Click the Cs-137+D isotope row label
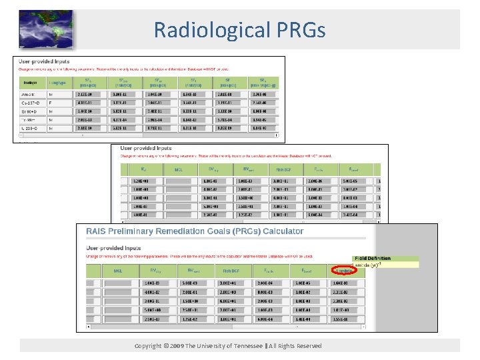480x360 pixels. point(30,103)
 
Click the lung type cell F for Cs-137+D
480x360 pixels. point(51,103)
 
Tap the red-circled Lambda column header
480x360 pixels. point(341,271)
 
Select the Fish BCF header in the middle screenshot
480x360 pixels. point(285,170)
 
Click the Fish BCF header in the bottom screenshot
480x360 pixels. point(233,271)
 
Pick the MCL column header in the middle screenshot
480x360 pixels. point(179,170)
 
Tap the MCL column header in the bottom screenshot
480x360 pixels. point(118,271)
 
